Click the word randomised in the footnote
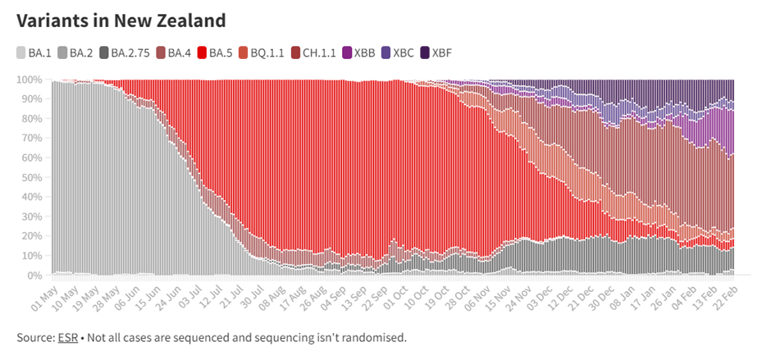376,337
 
